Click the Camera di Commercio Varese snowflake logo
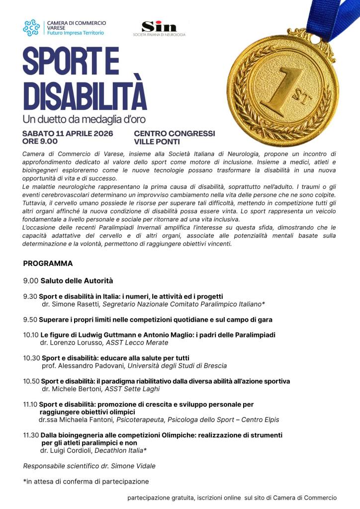click(31, 27)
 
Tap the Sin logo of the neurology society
click(152, 27)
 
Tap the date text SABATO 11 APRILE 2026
click(68, 134)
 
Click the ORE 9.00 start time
click(40, 141)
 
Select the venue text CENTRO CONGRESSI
click(175, 134)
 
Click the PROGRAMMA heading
click(48, 263)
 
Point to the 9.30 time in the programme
click(30, 296)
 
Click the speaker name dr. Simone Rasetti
click(71, 304)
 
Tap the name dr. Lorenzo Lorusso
click(71, 342)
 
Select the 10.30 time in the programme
click(31, 358)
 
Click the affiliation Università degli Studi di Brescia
click(178, 366)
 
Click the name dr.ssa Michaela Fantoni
click(76, 420)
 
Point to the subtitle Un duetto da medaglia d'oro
click(84, 120)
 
